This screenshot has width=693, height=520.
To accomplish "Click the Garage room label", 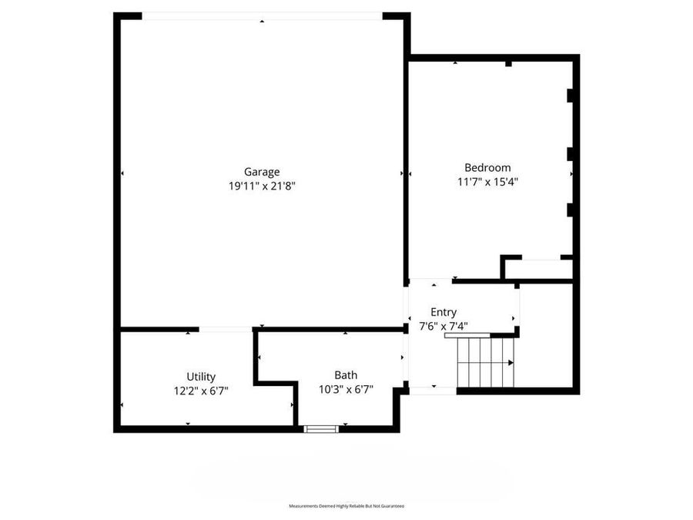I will tap(262, 172).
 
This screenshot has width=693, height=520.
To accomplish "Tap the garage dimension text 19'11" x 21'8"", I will tap(262, 186).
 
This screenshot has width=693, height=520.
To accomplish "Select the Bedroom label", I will tap(487, 168).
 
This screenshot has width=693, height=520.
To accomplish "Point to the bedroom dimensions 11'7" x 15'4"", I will tap(487, 182).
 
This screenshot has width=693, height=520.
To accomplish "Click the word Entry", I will tap(444, 312).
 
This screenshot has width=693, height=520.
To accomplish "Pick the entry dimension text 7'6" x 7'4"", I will tap(444, 326).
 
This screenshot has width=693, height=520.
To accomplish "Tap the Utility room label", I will tap(201, 377).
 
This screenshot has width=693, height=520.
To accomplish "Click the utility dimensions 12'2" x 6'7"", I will tap(201, 391).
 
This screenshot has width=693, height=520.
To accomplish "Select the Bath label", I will tap(346, 375).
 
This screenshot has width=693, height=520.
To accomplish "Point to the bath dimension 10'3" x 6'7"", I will tap(346, 389).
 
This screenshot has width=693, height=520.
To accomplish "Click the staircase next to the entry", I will tap(485, 362).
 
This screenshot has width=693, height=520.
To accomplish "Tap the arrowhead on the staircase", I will tap(512, 362).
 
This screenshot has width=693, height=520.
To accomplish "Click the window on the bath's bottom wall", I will tap(321, 428).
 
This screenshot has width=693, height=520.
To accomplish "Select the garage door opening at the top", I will tap(262, 16).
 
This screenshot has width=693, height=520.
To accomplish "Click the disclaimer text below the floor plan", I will tap(346, 506).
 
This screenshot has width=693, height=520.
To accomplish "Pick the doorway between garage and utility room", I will tap(225, 330).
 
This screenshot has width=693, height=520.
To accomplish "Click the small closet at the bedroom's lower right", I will tap(538, 269).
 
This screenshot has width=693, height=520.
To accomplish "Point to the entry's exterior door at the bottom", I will tap(433, 391).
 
